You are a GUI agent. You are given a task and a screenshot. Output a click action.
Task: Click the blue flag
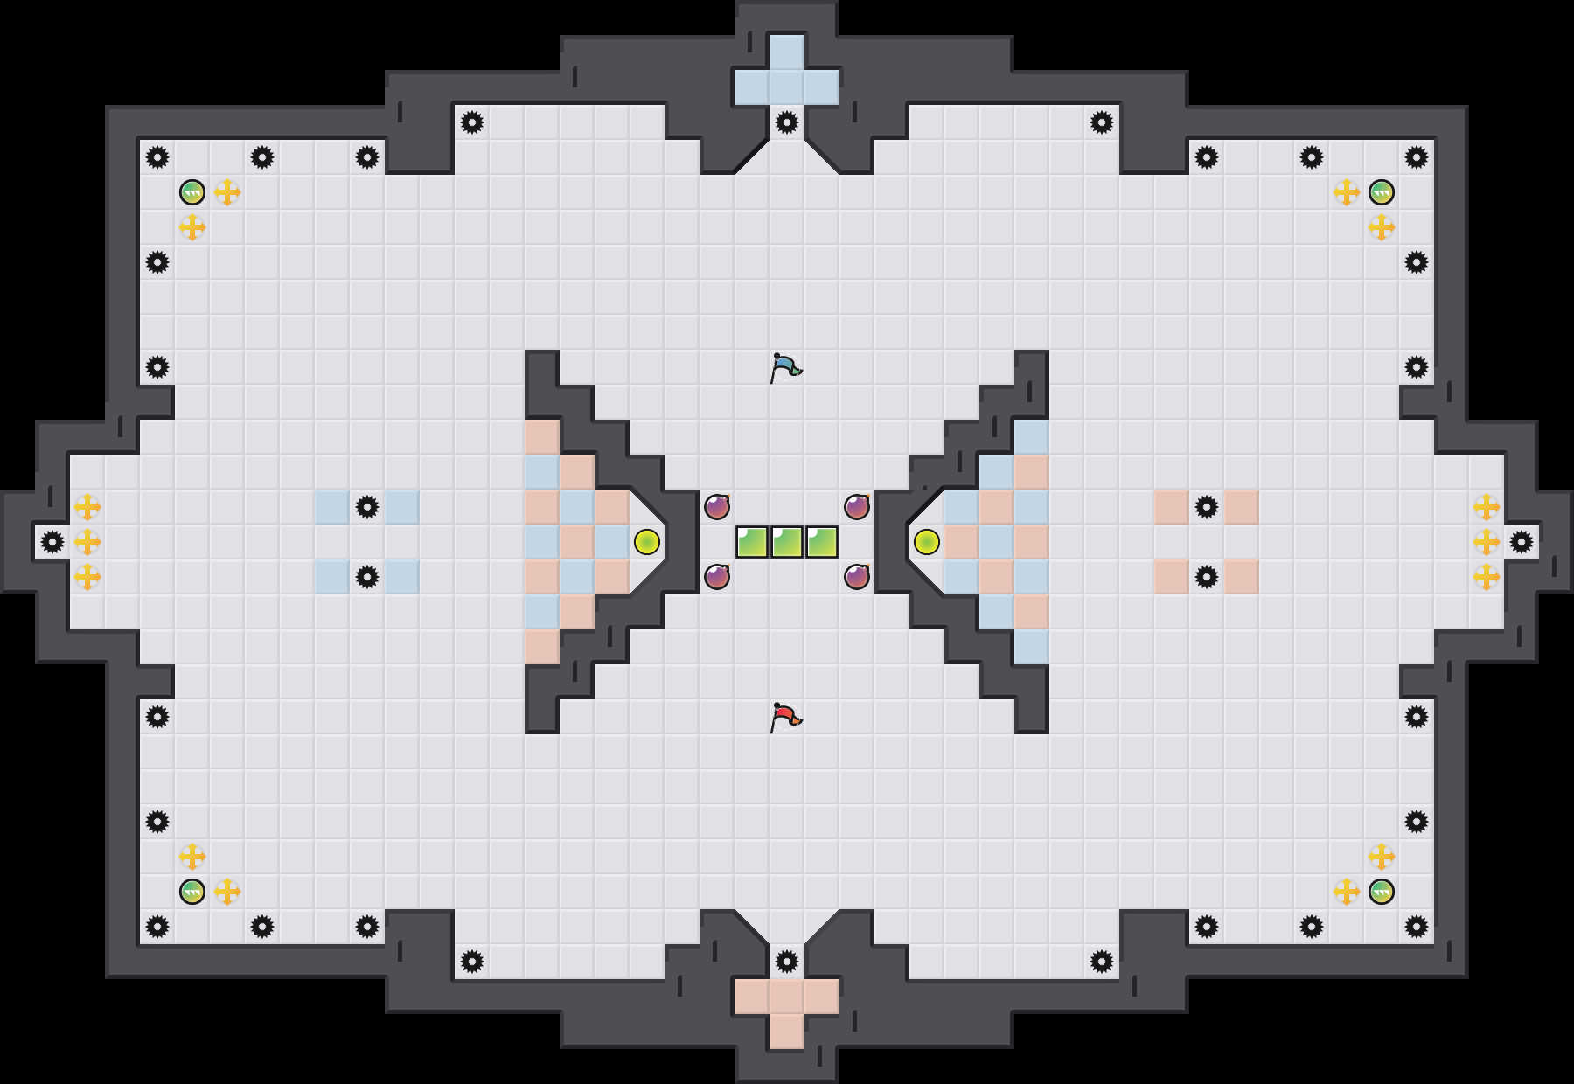click(785, 367)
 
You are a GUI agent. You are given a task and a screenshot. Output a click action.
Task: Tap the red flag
click(785, 717)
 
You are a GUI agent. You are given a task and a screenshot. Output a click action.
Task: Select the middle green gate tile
click(787, 542)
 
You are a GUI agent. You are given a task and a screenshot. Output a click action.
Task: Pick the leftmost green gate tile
click(752, 542)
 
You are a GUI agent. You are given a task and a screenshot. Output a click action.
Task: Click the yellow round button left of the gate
click(647, 542)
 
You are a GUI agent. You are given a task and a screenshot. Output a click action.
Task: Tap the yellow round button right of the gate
click(927, 542)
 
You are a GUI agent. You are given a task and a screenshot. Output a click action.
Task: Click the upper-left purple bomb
click(717, 507)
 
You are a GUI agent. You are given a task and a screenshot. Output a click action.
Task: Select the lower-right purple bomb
click(857, 577)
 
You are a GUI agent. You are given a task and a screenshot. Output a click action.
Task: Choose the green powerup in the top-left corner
click(192, 192)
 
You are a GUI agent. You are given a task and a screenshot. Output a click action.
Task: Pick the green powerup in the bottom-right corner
click(1382, 892)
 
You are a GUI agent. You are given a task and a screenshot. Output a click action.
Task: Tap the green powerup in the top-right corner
click(1382, 192)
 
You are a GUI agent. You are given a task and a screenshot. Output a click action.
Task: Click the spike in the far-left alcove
click(52, 542)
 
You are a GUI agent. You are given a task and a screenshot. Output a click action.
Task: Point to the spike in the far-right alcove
click(1522, 542)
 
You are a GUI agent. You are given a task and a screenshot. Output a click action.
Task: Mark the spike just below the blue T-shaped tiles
click(787, 122)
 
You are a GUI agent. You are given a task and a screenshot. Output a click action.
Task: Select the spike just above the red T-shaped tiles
click(787, 962)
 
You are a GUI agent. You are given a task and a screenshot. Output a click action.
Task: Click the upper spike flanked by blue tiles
click(367, 507)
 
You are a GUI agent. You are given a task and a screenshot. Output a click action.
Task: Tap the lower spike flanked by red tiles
click(1207, 577)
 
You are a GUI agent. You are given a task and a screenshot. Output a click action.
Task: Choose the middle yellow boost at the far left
click(87, 542)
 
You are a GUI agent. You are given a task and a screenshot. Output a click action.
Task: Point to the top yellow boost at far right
click(1487, 507)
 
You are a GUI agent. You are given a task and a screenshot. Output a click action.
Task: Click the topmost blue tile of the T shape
click(787, 52)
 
